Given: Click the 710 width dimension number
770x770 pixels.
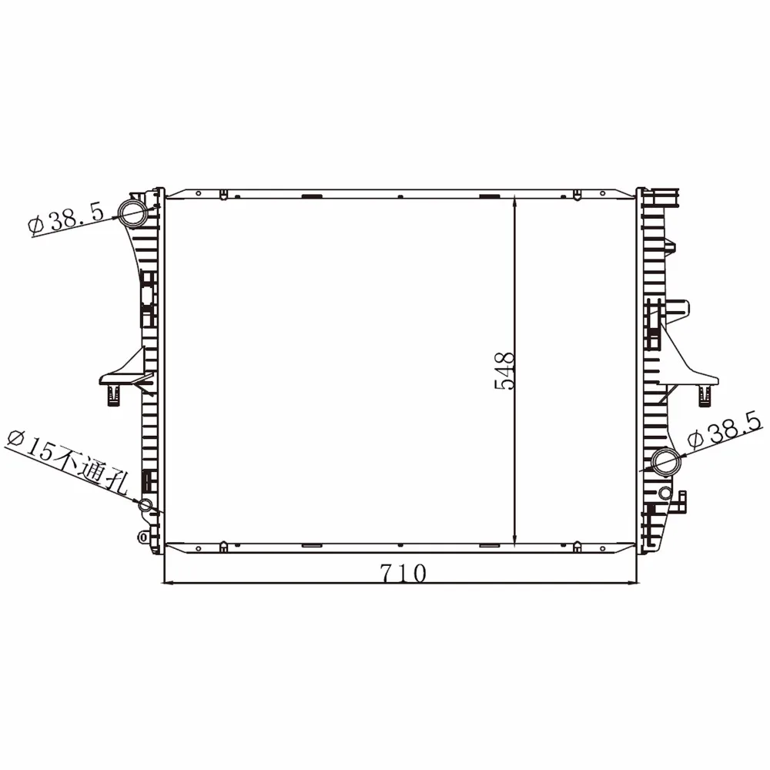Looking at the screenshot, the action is [x=403, y=573].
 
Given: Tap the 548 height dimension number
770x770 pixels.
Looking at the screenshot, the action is [x=504, y=371].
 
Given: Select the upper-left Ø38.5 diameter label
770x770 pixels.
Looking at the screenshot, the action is [x=66, y=219].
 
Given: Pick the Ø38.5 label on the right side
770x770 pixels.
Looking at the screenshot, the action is [x=725, y=430].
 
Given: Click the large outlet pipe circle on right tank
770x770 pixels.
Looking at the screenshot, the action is [x=666, y=462].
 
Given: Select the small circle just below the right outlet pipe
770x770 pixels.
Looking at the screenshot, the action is [x=665, y=493].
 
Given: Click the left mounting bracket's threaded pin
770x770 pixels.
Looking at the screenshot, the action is [x=114, y=395].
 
